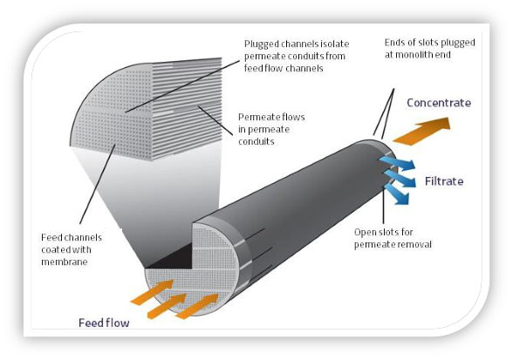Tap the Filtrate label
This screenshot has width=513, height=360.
pyautogui.click(x=449, y=182)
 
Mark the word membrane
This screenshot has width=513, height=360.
pyautogui.click(x=65, y=262)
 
